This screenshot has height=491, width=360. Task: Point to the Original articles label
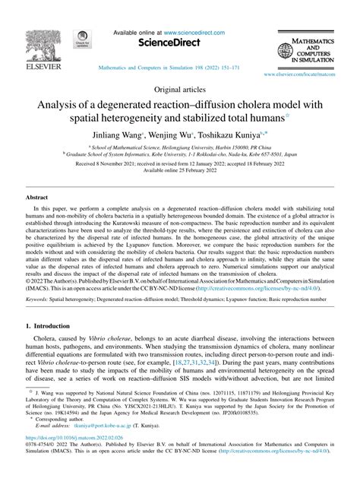pyautogui.click(x=179, y=90)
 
